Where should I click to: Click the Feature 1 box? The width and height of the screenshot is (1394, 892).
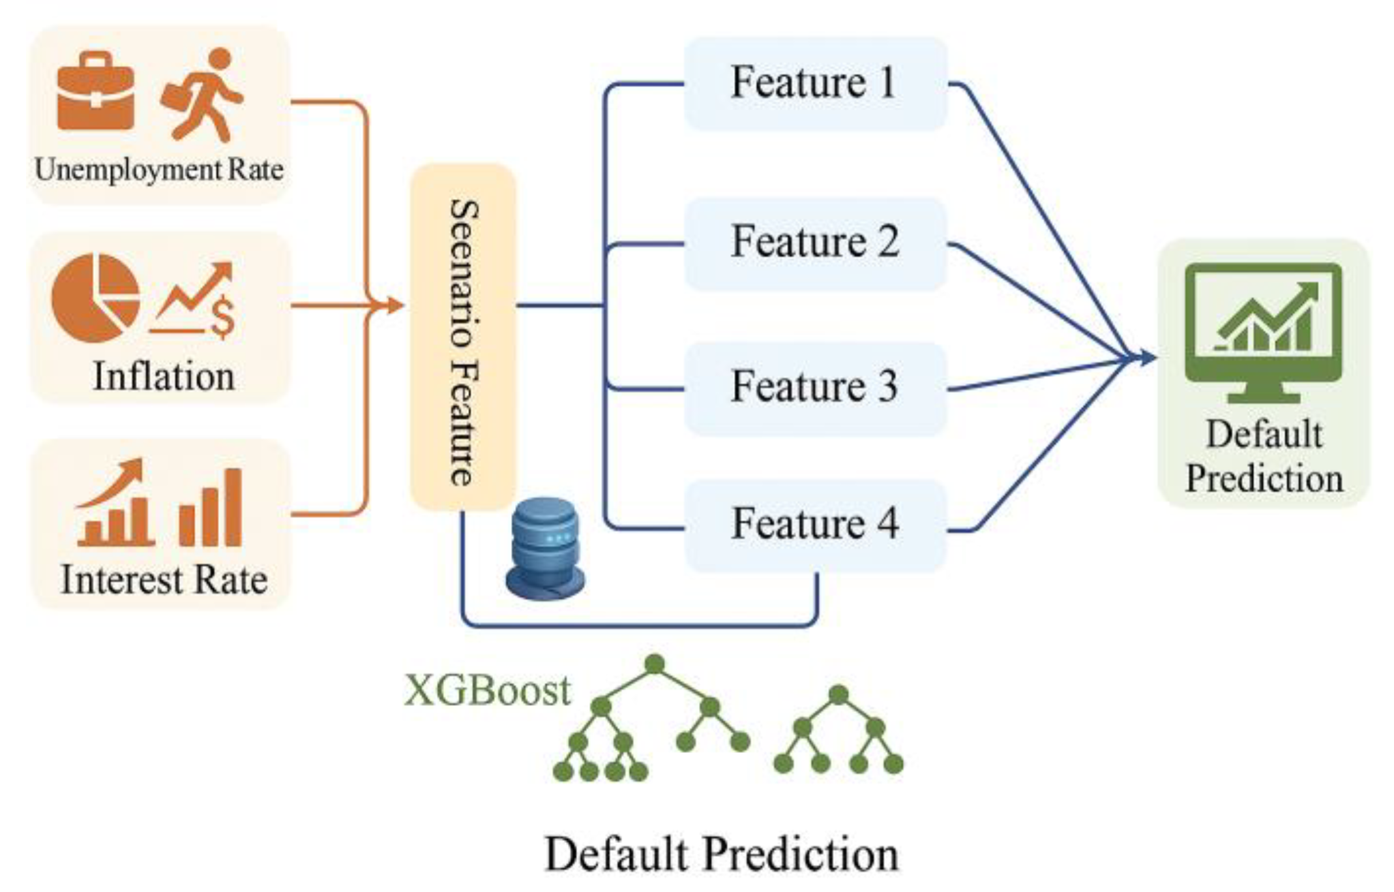pos(815,84)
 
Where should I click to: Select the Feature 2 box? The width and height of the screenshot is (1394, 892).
pos(815,243)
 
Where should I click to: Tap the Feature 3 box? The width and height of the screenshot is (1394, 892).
pos(815,388)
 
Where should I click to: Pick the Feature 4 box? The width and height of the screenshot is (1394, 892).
pos(815,525)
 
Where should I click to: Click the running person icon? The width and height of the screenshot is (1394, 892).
pos(203,95)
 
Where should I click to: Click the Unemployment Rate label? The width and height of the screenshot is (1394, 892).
pos(159,170)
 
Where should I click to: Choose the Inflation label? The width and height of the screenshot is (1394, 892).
pos(164,377)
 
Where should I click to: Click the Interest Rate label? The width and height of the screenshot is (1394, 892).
pos(164,580)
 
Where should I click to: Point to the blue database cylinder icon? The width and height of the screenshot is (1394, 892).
pos(545,549)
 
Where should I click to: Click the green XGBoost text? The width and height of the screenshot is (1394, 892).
pos(487,690)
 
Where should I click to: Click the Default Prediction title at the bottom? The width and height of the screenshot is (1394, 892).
pos(721,854)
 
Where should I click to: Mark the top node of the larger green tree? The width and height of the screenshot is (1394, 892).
pos(654,664)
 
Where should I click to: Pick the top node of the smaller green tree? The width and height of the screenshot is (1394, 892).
pos(838,694)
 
